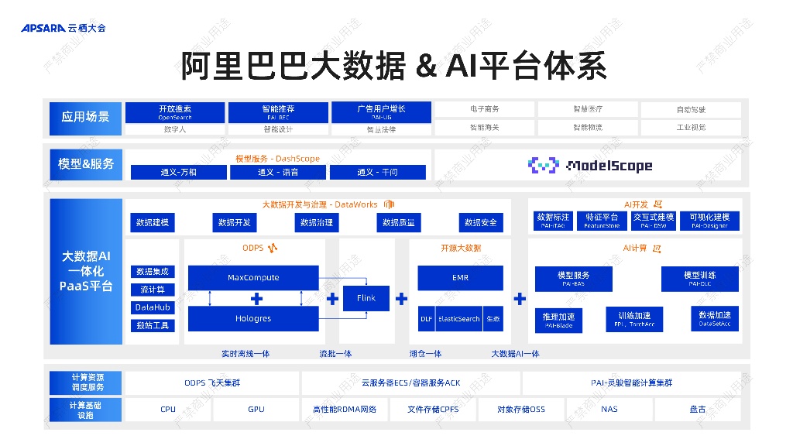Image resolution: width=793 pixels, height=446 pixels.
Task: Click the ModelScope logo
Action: pos(589,165)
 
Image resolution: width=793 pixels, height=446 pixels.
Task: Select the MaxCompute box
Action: pos(253,277)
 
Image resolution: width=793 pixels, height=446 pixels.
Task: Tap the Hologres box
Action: pos(253,318)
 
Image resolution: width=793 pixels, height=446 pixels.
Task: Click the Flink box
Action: pos(366,298)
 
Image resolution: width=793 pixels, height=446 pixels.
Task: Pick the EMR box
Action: pos(460,277)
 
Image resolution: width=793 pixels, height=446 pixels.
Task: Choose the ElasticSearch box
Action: pos(459,318)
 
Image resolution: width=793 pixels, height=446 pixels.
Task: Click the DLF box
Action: pos(427,318)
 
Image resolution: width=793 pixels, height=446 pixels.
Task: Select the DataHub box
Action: pos(153,307)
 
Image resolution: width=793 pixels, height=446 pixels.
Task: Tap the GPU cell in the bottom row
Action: pos(256,409)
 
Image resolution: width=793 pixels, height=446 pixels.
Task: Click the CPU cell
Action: pos(168,409)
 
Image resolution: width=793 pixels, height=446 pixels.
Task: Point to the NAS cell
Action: pos(609,409)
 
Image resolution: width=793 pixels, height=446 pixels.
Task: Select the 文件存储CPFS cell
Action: pos(433,409)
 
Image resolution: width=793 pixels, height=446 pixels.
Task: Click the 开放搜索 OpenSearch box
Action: pos(175,112)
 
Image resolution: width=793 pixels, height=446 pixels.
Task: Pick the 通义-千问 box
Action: pos(377,172)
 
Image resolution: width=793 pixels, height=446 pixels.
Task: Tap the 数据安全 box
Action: pos(481,222)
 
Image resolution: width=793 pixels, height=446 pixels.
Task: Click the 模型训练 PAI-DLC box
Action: pos(700,279)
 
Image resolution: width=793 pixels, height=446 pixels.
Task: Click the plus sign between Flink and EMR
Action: pos(401,299)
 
